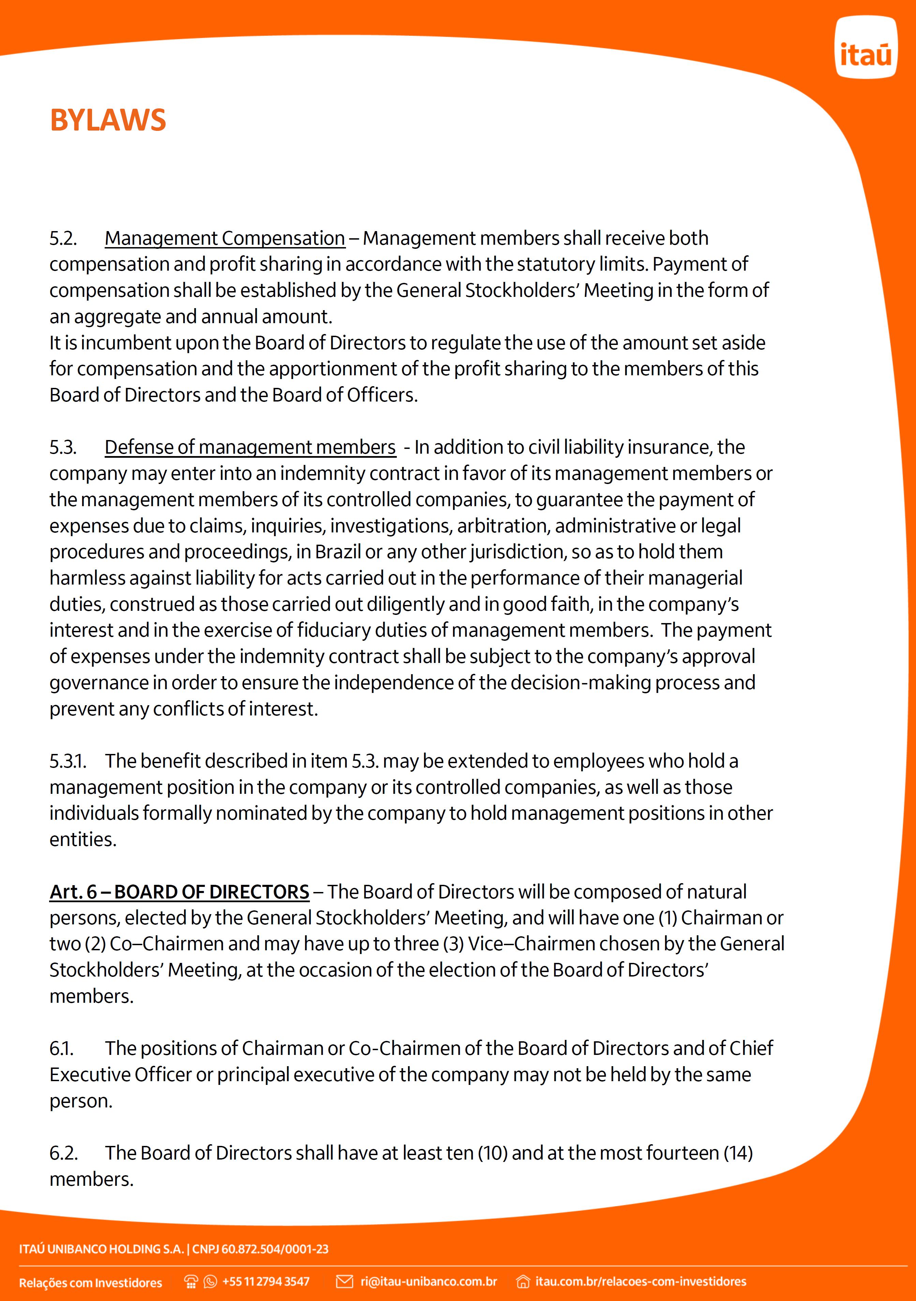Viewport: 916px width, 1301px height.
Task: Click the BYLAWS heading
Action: point(108,120)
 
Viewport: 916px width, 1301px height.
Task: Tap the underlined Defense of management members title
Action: point(250,448)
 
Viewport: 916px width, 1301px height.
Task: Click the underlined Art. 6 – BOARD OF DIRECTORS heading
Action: point(179,892)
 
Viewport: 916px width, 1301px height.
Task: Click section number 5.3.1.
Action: point(67,761)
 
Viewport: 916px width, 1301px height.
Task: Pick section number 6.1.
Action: point(61,1049)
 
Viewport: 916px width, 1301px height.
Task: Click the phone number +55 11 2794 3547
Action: point(266,1282)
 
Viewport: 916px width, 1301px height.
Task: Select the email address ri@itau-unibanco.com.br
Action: point(429,1282)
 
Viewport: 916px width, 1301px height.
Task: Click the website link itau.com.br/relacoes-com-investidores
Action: point(641,1282)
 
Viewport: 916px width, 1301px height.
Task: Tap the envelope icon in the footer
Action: point(345,1282)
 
